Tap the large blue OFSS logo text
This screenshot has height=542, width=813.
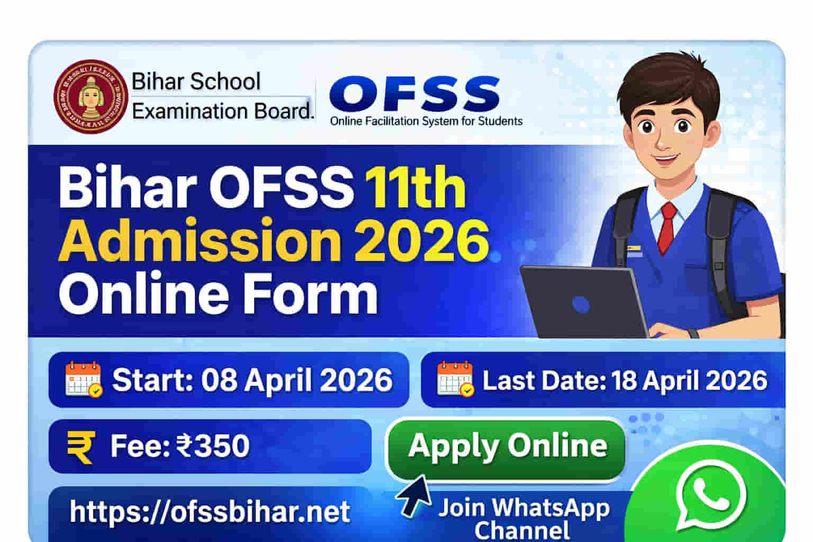pos(414,94)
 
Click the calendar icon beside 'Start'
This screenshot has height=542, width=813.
pos(83,379)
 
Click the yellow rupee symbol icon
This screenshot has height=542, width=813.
pos(81,446)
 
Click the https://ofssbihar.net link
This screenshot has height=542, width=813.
pos(210,511)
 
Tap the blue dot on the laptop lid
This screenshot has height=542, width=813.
pos(581,304)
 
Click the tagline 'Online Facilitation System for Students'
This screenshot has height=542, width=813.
pos(426,121)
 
